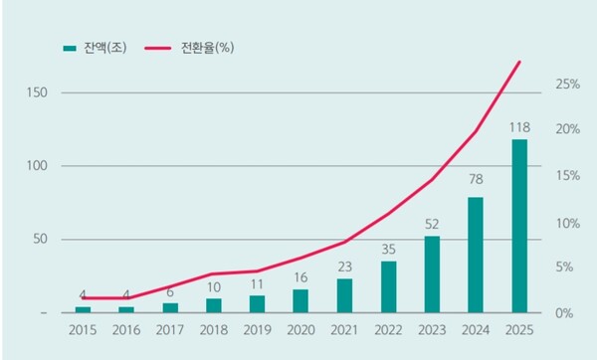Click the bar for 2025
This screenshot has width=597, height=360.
[x=519, y=226]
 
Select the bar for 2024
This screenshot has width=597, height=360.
[x=476, y=255]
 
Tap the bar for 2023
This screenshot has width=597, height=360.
[x=432, y=273]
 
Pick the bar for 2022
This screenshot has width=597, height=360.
[x=388, y=286]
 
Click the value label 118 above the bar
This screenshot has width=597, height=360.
[x=519, y=127]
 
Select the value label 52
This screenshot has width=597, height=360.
[x=432, y=224]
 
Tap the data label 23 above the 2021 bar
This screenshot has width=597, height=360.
[x=344, y=267]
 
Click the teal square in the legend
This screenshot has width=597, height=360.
[x=69, y=47]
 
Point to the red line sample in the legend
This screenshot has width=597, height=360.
[x=160, y=47]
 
